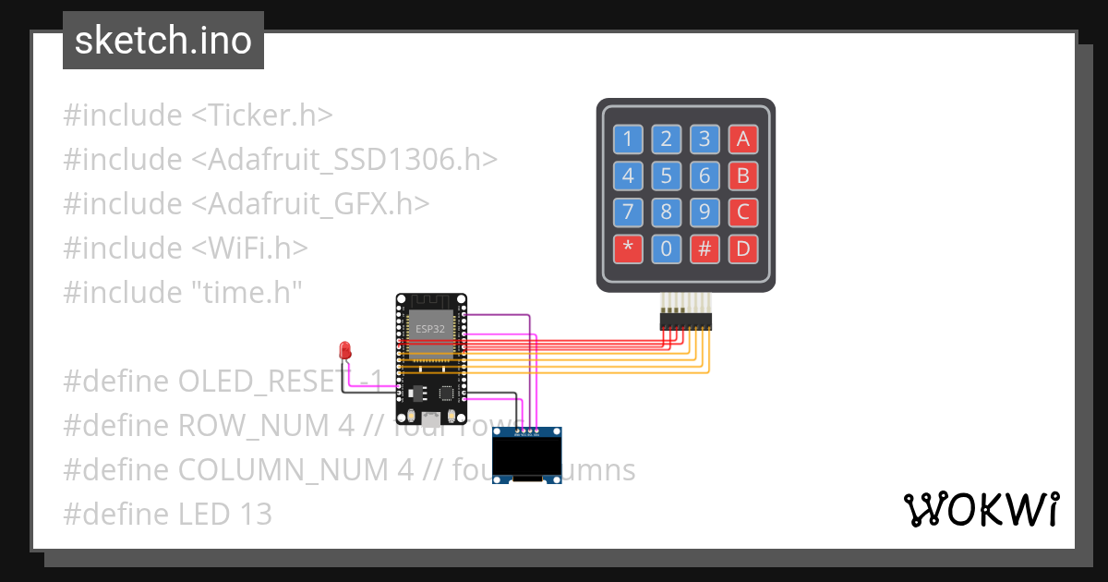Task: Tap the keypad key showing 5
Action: [x=666, y=176]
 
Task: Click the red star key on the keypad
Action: [x=628, y=249]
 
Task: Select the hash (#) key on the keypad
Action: [x=705, y=249]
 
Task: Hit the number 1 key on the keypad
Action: [x=628, y=139]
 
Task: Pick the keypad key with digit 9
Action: [x=705, y=212]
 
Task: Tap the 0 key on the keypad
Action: [x=666, y=249]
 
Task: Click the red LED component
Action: [x=345, y=350]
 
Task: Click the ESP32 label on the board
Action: [x=430, y=329]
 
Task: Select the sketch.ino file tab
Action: [x=163, y=41]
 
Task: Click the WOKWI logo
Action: [x=981, y=509]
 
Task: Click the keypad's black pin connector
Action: [x=685, y=321]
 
